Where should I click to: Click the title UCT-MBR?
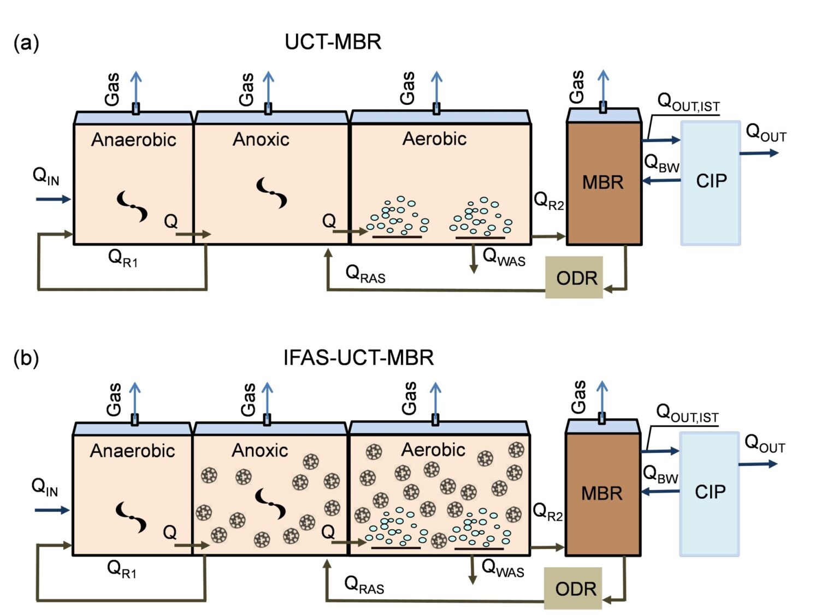[x=333, y=42]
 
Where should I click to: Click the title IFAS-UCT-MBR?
[x=358, y=358]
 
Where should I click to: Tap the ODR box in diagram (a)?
[x=574, y=277]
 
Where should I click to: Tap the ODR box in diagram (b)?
[x=573, y=588]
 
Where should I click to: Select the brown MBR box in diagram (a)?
[x=604, y=183]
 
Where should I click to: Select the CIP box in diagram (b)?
[x=710, y=493]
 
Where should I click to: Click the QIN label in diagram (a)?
[x=46, y=177]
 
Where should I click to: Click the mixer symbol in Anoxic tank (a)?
[x=271, y=193]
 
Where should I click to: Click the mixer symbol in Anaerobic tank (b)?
[x=131, y=517]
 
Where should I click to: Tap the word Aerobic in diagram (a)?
[x=434, y=139]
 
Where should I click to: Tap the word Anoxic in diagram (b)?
[x=259, y=451]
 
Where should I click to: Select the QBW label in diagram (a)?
[x=661, y=163]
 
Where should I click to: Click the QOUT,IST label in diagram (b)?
[x=687, y=413]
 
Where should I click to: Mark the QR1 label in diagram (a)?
[x=123, y=258]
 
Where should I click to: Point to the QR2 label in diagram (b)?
[x=547, y=512]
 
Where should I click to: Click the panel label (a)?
[x=26, y=43]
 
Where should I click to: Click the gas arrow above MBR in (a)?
[x=602, y=87]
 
